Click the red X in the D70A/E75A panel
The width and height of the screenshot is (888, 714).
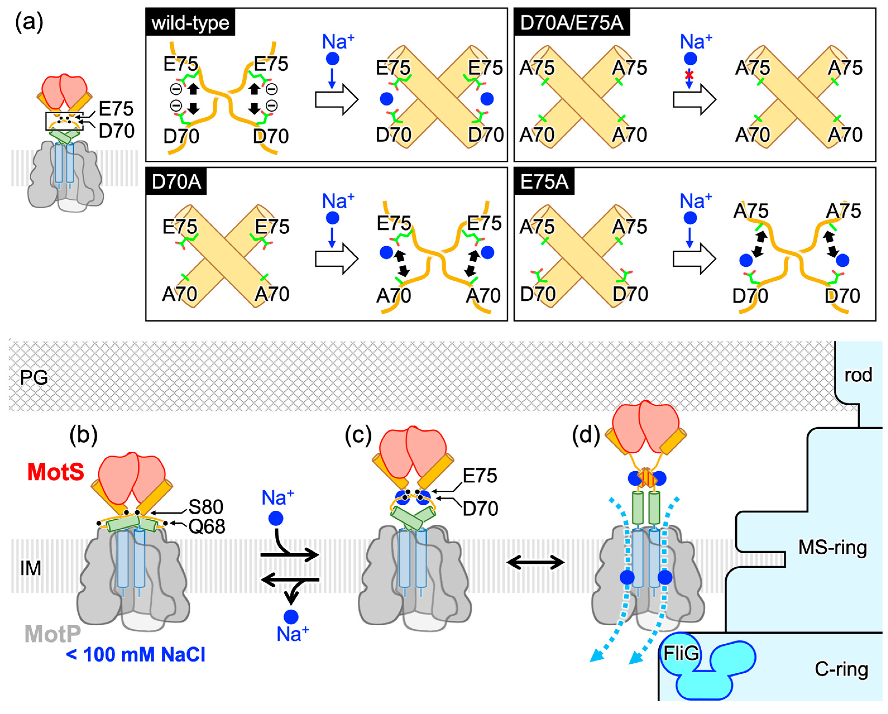coord(689,75)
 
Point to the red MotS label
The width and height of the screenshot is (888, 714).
coord(56,472)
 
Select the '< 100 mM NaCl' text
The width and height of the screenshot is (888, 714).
coord(136,655)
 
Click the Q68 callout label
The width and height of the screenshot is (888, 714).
coord(207,526)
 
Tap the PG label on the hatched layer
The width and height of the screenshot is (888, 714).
coord(34,377)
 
